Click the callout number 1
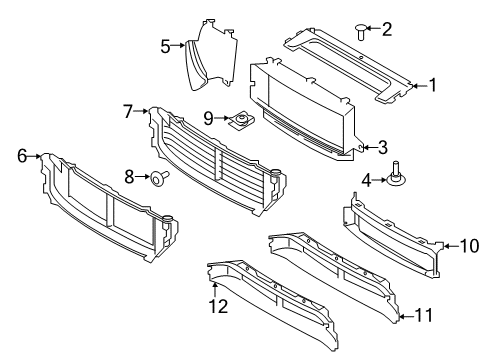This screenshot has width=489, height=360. (x=433, y=85)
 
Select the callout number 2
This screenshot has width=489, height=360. (x=387, y=29)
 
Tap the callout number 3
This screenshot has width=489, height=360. (x=383, y=147)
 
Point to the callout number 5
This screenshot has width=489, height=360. (x=165, y=46)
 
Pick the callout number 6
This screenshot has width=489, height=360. (x=22, y=156)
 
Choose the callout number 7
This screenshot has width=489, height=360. (x=128, y=111)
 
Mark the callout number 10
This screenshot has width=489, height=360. (x=469, y=246)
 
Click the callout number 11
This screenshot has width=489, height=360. (x=424, y=315)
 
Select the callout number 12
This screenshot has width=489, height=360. (x=218, y=306)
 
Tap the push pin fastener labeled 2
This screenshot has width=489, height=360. (x=361, y=31)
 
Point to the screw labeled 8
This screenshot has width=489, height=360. (x=159, y=177)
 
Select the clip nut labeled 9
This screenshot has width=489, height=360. (x=241, y=120)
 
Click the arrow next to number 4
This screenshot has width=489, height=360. (x=379, y=180)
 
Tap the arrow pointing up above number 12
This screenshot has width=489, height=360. (x=215, y=289)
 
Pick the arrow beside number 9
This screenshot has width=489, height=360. (x=222, y=118)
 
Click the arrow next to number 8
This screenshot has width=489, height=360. (x=143, y=176)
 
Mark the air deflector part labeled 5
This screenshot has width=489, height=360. (x=211, y=55)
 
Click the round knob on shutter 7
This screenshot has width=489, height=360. (x=275, y=173)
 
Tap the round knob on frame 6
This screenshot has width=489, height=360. (x=167, y=219)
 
